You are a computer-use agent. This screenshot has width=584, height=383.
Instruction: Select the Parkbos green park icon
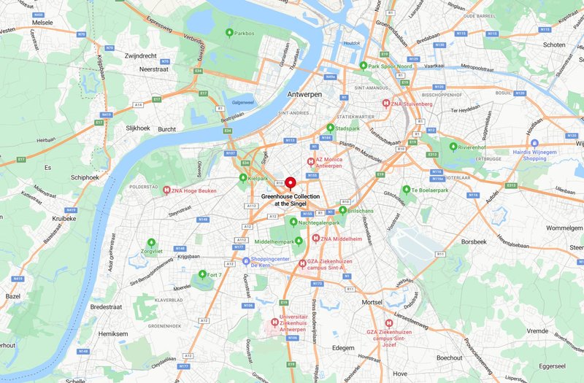[230, 33]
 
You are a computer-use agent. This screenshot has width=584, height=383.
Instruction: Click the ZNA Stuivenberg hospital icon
[386, 103]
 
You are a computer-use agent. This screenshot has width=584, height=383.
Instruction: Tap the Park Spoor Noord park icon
[363, 65]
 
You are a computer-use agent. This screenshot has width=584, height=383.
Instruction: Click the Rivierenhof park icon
[453, 146]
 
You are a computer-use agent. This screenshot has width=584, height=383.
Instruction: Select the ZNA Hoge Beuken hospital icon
[166, 190]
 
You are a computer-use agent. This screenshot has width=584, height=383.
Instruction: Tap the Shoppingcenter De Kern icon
[246, 260]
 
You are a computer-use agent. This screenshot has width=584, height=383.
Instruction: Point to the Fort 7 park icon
[202, 274]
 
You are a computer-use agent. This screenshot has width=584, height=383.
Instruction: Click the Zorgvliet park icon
[151, 242]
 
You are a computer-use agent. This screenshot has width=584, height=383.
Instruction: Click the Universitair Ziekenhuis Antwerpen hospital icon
[274, 322]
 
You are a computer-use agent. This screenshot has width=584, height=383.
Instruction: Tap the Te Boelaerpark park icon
[405, 190]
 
